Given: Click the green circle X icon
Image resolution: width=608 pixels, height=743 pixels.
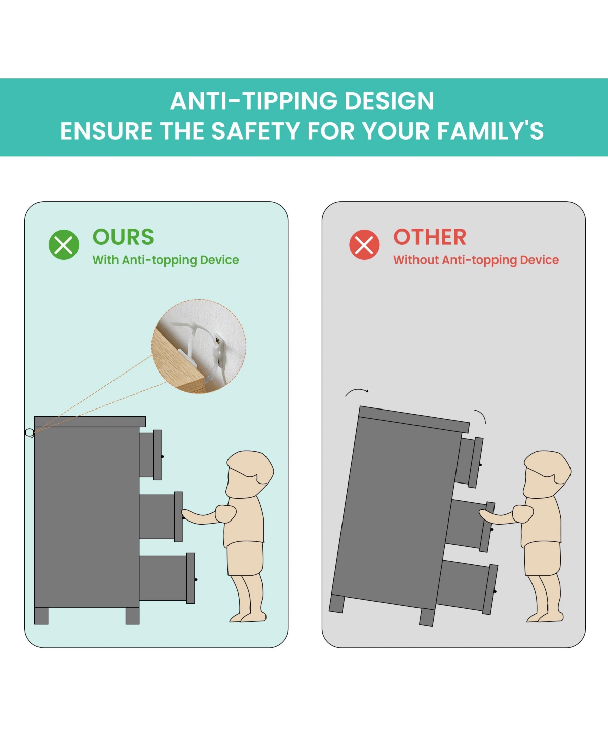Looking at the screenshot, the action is click(x=64, y=245).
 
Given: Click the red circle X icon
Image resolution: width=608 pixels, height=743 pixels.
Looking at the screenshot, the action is click(x=364, y=245).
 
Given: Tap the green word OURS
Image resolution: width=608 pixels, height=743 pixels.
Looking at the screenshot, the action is click(x=123, y=237).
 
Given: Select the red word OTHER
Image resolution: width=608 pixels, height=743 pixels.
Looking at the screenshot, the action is click(x=430, y=237).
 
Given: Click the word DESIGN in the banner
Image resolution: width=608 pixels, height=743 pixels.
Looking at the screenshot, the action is click(x=389, y=101).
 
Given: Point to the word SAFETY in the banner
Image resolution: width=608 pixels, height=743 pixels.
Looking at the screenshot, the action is click(x=255, y=131).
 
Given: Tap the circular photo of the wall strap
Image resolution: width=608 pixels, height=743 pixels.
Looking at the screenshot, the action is click(x=199, y=346).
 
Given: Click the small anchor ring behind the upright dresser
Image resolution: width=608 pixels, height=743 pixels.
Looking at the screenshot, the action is click(x=29, y=433).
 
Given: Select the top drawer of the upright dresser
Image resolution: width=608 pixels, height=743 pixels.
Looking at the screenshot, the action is click(x=150, y=455).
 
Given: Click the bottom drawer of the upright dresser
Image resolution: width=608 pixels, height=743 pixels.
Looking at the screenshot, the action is click(x=167, y=578).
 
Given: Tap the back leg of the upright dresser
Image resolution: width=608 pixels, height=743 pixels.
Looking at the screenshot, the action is click(x=41, y=616).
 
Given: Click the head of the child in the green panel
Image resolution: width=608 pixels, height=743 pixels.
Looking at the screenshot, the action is click(x=249, y=474).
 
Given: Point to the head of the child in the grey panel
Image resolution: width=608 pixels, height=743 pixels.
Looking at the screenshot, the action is click(x=547, y=474).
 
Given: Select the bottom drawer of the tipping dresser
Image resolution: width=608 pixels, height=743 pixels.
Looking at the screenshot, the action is click(x=467, y=586).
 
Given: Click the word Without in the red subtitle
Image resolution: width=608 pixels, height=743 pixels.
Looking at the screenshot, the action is click(x=416, y=259).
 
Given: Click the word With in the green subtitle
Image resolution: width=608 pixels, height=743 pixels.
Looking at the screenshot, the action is click(x=105, y=259).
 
